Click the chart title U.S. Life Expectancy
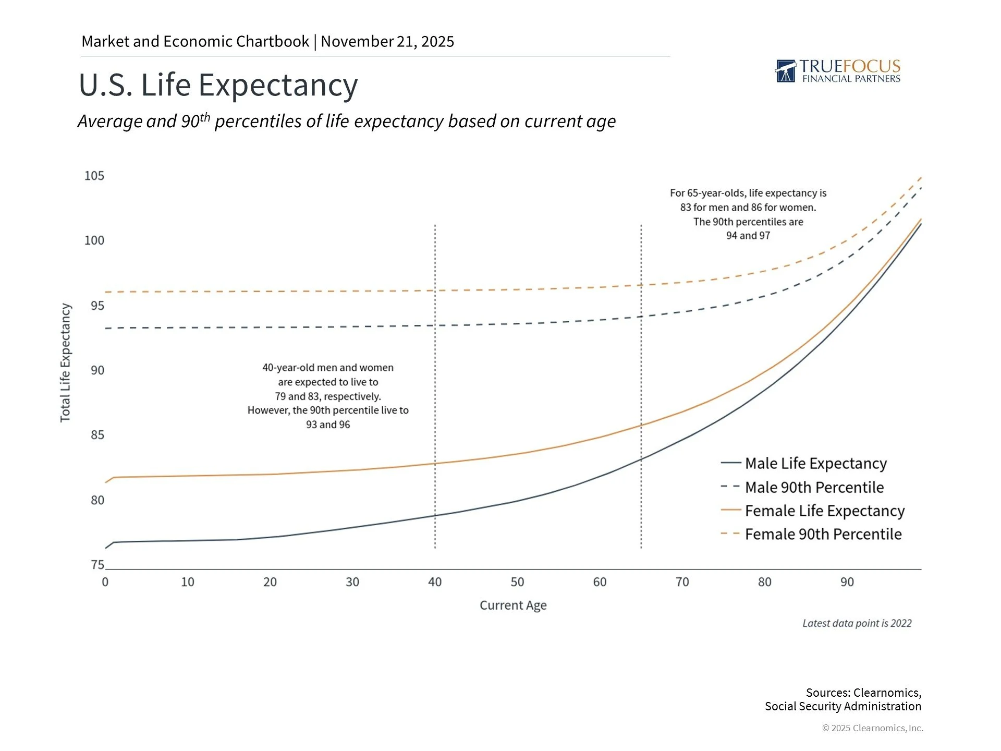[218, 84]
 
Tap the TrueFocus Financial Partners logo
[838, 71]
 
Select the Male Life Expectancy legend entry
[815, 463]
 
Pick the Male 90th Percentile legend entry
[814, 487]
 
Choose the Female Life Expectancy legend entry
[824, 511]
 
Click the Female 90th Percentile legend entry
[823, 534]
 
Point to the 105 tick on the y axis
[94, 176]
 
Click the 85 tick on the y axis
[97, 435]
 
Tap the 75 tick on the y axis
[97, 565]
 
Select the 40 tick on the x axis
[435, 582]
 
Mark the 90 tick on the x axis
[847, 582]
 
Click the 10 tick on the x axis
[188, 582]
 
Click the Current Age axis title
[513, 605]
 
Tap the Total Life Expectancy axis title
[65, 363]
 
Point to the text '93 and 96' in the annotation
[328, 425]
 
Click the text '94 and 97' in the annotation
[748, 236]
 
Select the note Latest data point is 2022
[857, 623]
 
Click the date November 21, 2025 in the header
[387, 41]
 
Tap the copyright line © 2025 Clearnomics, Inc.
[872, 728]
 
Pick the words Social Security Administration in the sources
[843, 706]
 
